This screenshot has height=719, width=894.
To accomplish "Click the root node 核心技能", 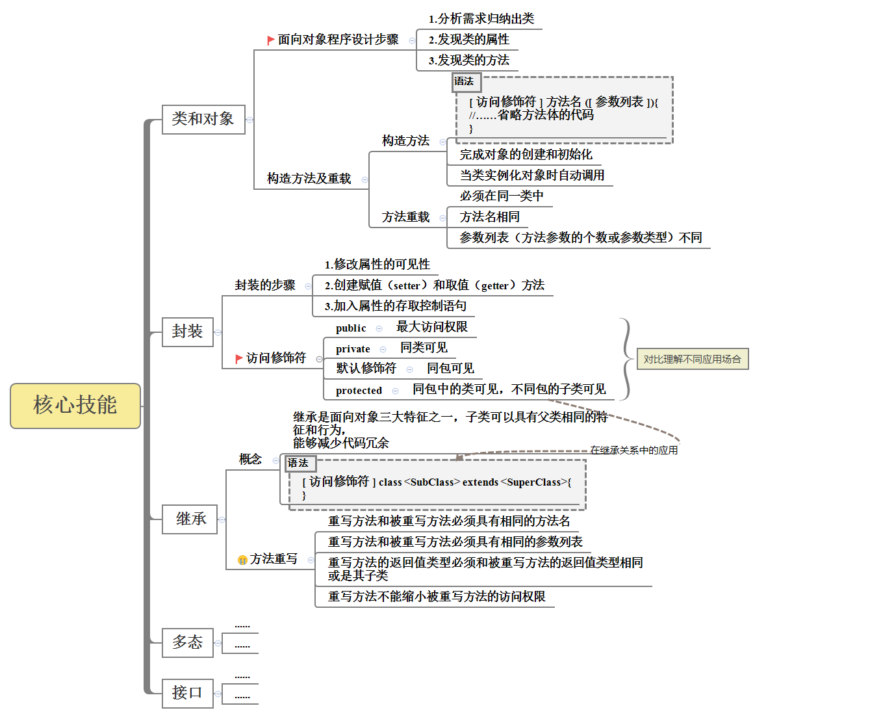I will [x=75, y=406].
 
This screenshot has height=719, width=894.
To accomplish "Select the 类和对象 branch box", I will [x=203, y=119].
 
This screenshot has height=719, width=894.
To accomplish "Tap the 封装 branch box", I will [x=187, y=332].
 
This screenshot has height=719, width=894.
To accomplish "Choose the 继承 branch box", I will [x=190, y=519].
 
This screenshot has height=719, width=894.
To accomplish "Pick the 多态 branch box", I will [x=187, y=642].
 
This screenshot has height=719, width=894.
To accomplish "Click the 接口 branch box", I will [x=187, y=693].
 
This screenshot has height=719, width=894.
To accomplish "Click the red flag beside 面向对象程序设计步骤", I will [x=271, y=40].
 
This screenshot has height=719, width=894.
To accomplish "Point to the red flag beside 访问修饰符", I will [x=239, y=358].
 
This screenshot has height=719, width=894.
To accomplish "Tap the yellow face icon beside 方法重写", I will [x=242, y=560].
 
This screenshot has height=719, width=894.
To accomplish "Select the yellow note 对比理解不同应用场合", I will [x=692, y=359].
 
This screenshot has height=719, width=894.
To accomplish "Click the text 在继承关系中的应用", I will [x=633, y=450].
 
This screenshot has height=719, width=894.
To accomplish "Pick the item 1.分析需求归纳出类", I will [x=481, y=19].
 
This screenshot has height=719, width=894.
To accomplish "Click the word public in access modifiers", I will [x=351, y=328].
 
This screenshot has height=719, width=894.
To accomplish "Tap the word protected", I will [x=359, y=391].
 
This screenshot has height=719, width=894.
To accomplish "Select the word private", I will [x=353, y=349].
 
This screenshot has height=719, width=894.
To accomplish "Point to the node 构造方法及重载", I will [x=309, y=179].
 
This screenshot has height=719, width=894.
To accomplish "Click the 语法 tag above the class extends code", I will [x=299, y=463].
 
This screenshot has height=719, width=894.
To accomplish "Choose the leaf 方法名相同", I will [x=489, y=217].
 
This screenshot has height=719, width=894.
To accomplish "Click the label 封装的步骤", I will [x=264, y=285].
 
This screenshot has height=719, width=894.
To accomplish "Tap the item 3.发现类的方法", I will [x=468, y=60].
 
